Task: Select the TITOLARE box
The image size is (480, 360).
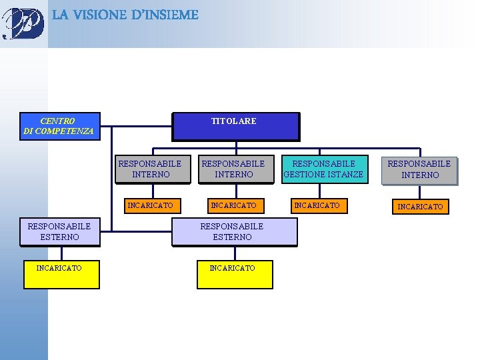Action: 235,125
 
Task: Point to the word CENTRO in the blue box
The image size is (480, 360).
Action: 57,121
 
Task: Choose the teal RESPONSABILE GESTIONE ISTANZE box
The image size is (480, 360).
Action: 323,169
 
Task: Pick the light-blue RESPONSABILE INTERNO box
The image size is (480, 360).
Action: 419,169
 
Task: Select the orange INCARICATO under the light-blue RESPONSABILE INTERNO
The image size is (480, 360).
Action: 420,207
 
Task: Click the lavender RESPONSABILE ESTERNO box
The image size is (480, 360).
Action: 233,231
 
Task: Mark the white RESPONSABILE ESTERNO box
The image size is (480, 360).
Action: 60,231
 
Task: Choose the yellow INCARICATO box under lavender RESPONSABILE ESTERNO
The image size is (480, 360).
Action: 235,274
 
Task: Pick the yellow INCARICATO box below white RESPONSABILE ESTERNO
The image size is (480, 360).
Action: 61,274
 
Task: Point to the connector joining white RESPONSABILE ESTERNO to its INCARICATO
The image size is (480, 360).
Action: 61,253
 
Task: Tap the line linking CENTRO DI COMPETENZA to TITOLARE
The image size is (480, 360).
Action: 136,125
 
